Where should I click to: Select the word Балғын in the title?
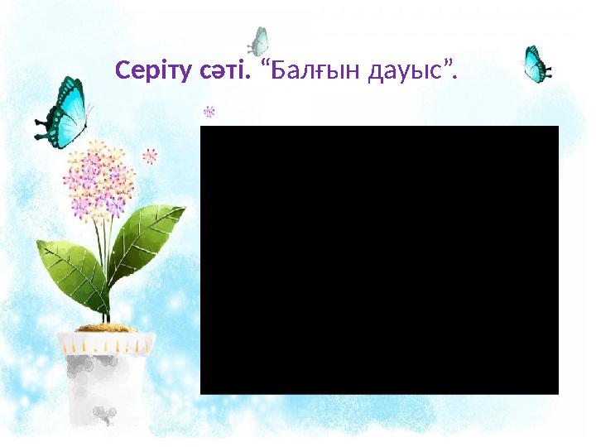(312, 73)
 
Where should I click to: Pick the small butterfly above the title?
(259, 39)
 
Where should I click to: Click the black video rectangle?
(379, 260)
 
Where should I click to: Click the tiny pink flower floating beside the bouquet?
(150, 155)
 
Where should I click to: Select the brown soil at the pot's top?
(106, 328)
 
